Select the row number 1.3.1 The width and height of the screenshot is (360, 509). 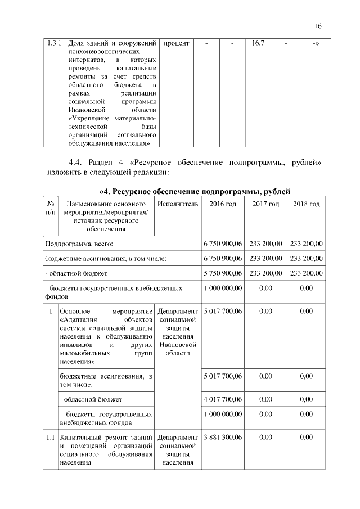tap(55, 43)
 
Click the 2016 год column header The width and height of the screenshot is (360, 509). tap(223, 204)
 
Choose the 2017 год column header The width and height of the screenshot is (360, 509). tap(265, 204)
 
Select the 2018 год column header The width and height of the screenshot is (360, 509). tap(307, 204)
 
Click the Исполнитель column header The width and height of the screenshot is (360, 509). tap(177, 204)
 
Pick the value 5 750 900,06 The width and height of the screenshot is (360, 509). tap(223, 273)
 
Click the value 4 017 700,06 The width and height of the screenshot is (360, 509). tap(223, 399)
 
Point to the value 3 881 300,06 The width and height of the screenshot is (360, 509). tap(223, 437)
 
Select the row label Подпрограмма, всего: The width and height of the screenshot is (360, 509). tap(79, 244)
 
